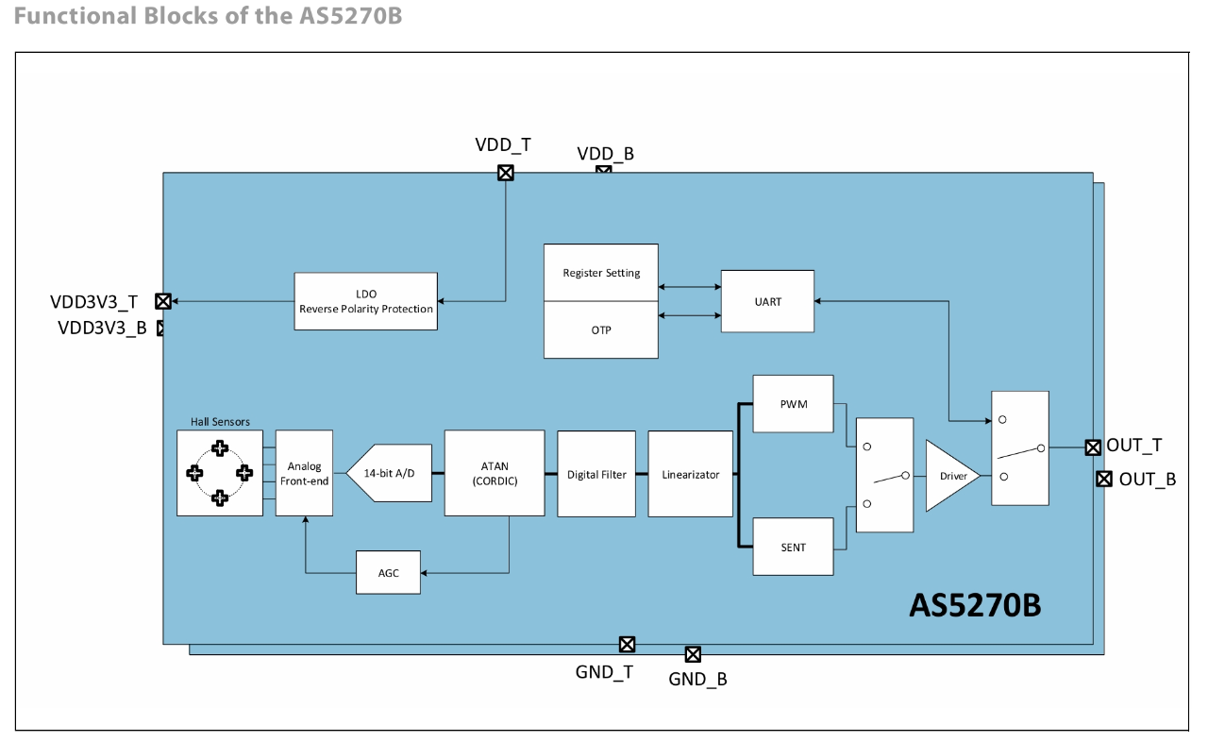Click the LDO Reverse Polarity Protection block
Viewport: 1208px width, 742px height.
pyautogui.click(x=365, y=301)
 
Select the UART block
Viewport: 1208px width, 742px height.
pyautogui.click(x=767, y=301)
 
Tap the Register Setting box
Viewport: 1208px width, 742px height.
pyautogui.click(x=601, y=273)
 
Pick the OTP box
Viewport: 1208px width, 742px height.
pyautogui.click(x=601, y=329)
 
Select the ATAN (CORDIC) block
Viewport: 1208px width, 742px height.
pyautogui.click(x=495, y=473)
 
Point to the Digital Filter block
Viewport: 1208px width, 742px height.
pyautogui.click(x=596, y=474)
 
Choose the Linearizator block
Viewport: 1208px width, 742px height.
pyautogui.click(x=690, y=474)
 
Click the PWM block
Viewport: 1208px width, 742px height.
pyautogui.click(x=793, y=404)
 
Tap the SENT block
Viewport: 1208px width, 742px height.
pyautogui.click(x=793, y=547)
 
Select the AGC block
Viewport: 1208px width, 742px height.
pyautogui.click(x=388, y=572)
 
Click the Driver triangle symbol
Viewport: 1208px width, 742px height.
pyautogui.click(x=949, y=476)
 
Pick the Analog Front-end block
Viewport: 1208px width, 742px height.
pyautogui.click(x=304, y=473)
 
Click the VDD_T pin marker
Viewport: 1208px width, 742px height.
pyautogui.click(x=506, y=173)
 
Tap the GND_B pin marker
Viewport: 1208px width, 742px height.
pyautogui.click(x=693, y=654)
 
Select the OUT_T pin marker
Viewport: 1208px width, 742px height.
pyautogui.click(x=1093, y=447)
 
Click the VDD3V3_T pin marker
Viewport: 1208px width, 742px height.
pyautogui.click(x=163, y=301)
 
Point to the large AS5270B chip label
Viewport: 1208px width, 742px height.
pyautogui.click(x=975, y=605)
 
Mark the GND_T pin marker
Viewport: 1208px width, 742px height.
pyautogui.click(x=627, y=645)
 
